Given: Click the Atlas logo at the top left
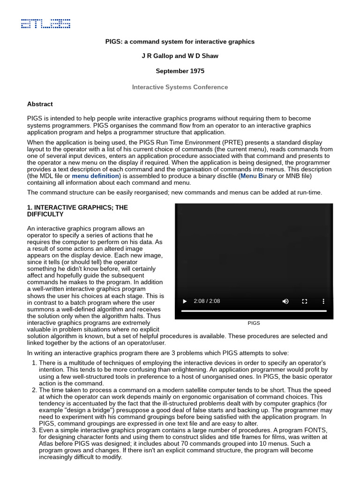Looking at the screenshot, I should pos(45,23).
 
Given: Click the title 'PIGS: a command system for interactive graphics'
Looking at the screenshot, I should pos(180,42).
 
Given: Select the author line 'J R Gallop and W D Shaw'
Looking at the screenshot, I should pos(180,56).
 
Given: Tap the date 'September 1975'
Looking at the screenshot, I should pos(180,71).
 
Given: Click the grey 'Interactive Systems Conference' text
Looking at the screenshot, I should pos(180,87).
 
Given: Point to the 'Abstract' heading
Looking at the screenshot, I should pos(40,104).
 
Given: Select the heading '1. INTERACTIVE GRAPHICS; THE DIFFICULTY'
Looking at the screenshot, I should pos(77,210).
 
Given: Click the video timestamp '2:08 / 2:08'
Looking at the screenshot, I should pos(207,301).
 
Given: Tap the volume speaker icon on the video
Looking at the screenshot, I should pos(285,301).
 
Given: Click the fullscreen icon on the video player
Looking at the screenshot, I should pos(304,301).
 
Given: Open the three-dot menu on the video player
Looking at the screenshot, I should pos(323,301).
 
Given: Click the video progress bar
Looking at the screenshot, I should pos(254,311).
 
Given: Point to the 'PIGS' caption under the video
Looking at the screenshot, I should pos(254,323).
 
